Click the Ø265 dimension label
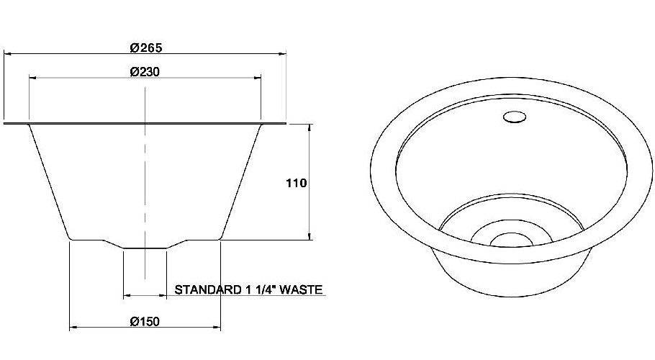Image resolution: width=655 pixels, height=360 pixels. tap(146, 48)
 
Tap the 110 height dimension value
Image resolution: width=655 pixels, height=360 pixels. tap(297, 183)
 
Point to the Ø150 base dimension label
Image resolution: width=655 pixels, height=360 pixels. tap(145, 321)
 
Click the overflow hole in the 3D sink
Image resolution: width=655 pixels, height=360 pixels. tap(514, 117)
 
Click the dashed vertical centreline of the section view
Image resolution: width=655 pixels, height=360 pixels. tap(145, 180)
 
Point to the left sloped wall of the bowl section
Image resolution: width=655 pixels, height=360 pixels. tap(49, 184)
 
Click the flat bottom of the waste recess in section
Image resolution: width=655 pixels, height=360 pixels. tap(145, 248)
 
